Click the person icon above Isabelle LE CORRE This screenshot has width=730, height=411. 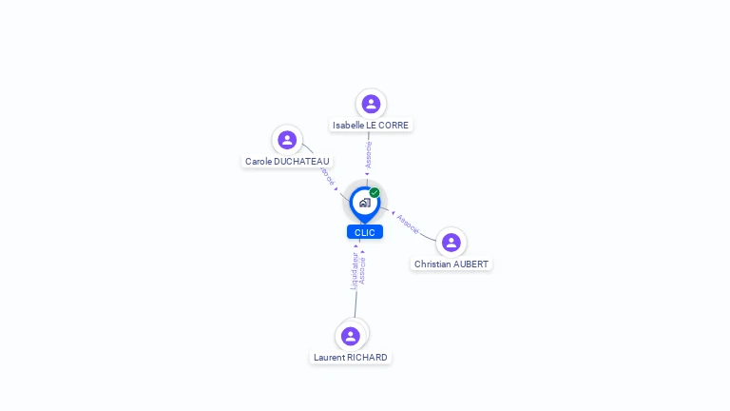(371, 104)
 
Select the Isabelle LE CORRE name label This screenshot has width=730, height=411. (371, 125)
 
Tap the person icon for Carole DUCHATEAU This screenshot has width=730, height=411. (287, 140)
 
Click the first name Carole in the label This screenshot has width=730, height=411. (258, 162)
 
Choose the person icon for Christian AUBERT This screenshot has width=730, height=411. (451, 243)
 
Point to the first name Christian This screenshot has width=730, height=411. (432, 264)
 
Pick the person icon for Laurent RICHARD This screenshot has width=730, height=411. (351, 336)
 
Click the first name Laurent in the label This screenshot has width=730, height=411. (329, 358)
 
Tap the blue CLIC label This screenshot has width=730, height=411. (365, 232)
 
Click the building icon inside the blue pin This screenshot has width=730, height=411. (364, 203)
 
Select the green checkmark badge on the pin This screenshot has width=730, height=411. (375, 193)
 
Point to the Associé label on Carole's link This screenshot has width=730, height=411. (327, 176)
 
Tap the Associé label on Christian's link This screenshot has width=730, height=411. (408, 224)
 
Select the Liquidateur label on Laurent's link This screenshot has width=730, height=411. (354, 269)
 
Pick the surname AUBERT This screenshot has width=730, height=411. (471, 264)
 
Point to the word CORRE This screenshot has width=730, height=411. (394, 125)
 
